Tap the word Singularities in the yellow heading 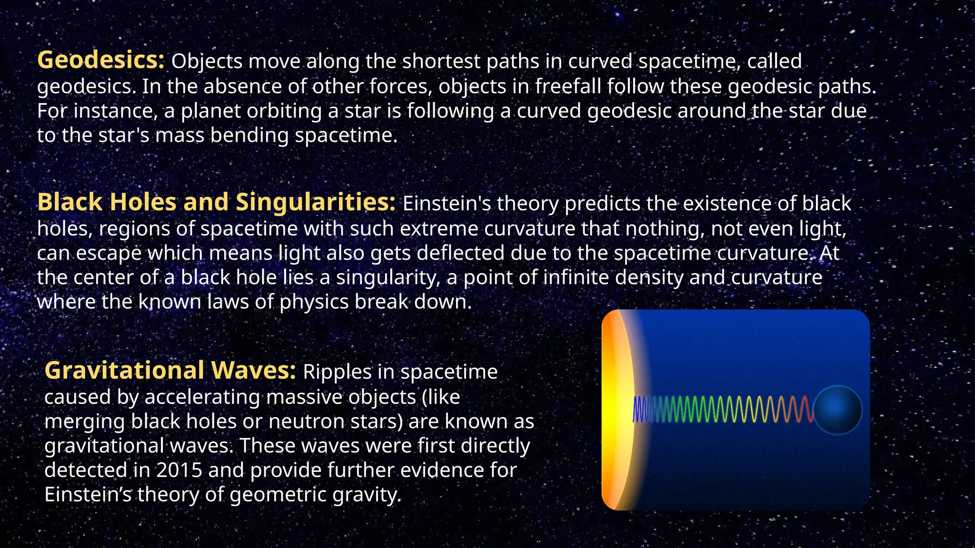pos(315,202)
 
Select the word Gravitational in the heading pos(124,371)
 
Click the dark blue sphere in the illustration pos(837,410)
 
